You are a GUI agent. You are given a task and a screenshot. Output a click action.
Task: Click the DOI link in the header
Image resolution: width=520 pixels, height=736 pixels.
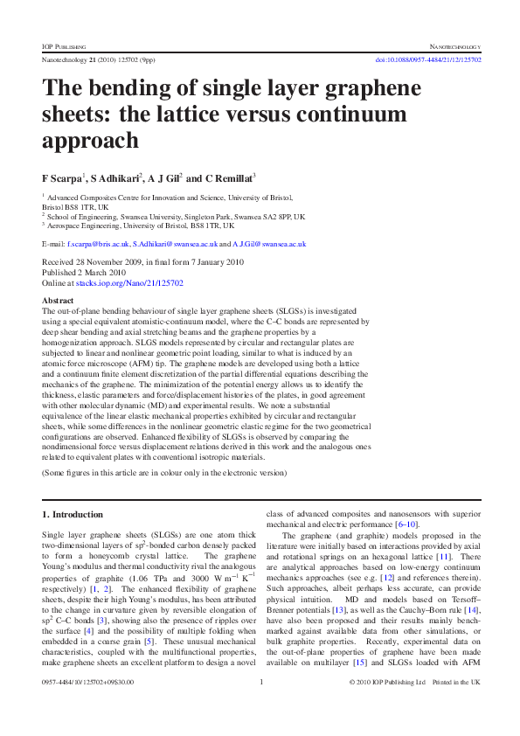click(428, 59)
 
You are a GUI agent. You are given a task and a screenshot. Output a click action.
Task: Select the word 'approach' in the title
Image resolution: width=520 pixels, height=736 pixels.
click(91, 141)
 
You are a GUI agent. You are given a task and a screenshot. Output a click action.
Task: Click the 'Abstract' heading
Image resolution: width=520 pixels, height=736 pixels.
click(58, 300)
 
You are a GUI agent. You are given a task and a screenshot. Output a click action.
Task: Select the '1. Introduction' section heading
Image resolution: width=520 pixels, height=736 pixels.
click(73, 514)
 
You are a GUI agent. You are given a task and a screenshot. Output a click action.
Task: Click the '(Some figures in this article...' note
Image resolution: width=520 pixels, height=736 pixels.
click(164, 472)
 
